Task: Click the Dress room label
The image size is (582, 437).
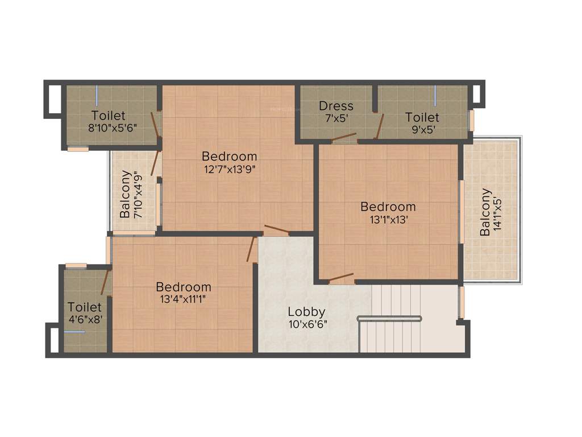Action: click(336, 106)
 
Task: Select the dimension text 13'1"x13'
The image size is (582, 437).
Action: click(388, 218)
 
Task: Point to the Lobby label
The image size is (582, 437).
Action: click(306, 312)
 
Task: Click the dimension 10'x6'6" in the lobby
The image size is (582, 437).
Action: click(307, 324)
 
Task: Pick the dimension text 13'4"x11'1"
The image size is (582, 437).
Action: click(183, 299)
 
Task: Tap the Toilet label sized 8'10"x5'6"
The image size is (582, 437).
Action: click(109, 116)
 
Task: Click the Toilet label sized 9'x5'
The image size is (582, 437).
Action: click(422, 117)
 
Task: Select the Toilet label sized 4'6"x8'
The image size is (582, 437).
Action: click(85, 307)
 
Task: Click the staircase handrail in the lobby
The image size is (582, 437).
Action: click(389, 318)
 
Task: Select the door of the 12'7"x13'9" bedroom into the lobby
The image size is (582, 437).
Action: click(277, 230)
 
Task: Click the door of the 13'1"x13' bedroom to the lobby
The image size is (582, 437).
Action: click(342, 278)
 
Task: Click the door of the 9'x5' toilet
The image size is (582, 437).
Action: click(380, 126)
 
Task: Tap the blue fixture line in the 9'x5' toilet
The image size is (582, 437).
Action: click(435, 95)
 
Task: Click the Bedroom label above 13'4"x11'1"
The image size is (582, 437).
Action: click(183, 287)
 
